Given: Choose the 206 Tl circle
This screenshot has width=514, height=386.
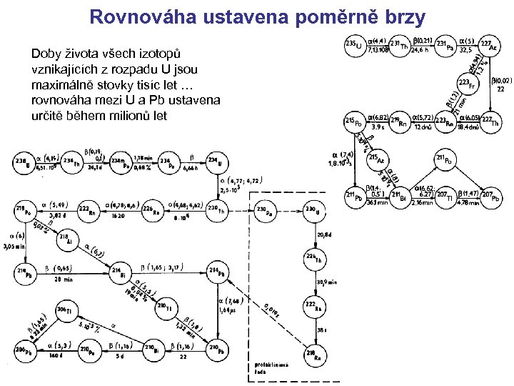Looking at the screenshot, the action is coord(63,309).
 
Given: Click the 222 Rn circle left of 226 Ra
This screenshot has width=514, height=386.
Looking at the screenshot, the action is coord(88,208).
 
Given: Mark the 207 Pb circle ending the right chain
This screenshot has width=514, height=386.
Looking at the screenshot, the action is coord(489,196).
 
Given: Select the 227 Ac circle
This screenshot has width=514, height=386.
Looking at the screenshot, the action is coord(488,44).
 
